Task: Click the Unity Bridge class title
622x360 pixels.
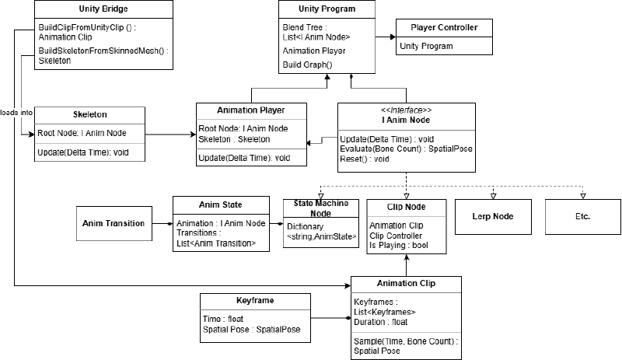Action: click(x=104, y=9)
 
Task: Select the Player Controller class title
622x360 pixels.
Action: click(x=444, y=28)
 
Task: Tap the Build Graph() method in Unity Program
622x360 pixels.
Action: click(x=307, y=64)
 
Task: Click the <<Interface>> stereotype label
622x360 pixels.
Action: click(x=405, y=110)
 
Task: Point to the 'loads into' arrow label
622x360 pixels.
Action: click(x=16, y=112)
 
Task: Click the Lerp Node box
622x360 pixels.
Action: click(x=493, y=215)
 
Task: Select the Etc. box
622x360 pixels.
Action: click(x=582, y=215)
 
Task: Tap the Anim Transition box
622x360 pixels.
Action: click(x=114, y=223)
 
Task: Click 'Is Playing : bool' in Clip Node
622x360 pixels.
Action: click(x=398, y=246)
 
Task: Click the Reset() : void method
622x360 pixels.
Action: click(x=364, y=159)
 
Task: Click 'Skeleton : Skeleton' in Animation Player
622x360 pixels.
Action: click(x=234, y=138)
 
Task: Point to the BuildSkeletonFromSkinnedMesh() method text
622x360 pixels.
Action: click(x=103, y=51)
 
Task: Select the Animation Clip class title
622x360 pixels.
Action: click(x=405, y=283)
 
